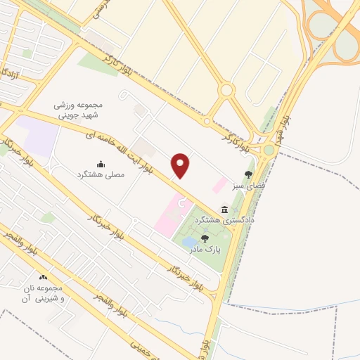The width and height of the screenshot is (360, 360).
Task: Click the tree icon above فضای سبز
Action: coord(247,174)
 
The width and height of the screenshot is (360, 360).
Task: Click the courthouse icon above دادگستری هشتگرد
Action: coord(224,210)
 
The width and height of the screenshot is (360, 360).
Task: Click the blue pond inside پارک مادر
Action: coord(190,243)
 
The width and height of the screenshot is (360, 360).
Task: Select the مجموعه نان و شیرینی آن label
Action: coord(54,294)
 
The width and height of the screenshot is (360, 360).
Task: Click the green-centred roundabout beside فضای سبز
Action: coord(269,149)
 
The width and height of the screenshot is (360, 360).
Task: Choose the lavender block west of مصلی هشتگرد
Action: coord(36,136)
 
